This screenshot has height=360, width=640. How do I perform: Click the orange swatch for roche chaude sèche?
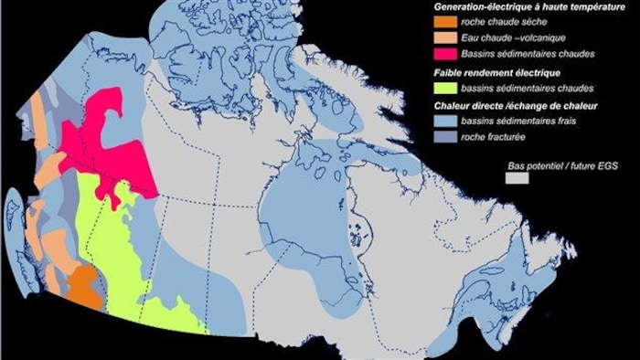(x=446, y=22)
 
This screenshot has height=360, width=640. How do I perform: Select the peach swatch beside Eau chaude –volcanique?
(x=446, y=38)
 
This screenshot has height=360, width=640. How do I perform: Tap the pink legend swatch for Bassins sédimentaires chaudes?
(x=446, y=55)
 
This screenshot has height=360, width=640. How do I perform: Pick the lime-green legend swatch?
(x=446, y=89)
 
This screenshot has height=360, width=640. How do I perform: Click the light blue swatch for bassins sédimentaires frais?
(x=446, y=122)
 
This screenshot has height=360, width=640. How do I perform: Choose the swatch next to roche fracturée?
(x=446, y=138)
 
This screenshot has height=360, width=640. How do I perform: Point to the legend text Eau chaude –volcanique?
(x=507, y=38)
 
